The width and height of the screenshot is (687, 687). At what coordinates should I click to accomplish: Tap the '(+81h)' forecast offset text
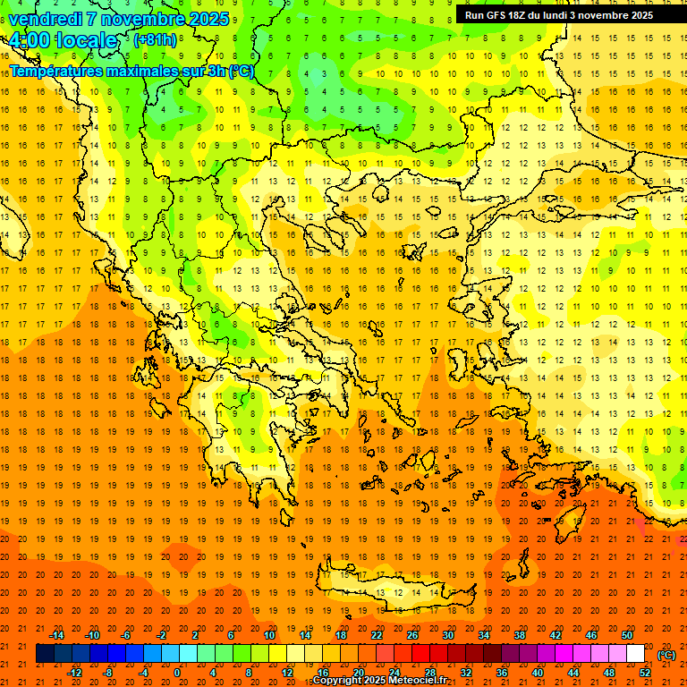coord(155,40)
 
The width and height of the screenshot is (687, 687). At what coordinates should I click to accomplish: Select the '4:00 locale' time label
coord(64,40)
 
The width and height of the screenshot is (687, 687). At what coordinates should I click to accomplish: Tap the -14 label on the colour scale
coord(56,634)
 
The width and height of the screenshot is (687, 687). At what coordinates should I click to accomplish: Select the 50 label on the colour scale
coord(626,634)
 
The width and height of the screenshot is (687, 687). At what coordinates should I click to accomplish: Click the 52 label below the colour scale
coord(645,673)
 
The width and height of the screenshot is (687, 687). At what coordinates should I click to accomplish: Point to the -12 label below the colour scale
coord(74,673)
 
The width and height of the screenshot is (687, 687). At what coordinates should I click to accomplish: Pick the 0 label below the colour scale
coord(177,673)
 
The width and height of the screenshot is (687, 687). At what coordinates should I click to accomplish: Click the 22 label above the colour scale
coord(377,634)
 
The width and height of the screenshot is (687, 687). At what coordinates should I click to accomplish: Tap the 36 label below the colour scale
coord(502,673)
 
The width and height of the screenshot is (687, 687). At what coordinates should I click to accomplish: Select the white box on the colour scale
coord(635,654)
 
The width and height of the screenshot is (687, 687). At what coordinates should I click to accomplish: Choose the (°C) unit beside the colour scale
coord(666,654)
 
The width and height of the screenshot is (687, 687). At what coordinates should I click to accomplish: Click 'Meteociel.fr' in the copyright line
coord(414,681)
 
